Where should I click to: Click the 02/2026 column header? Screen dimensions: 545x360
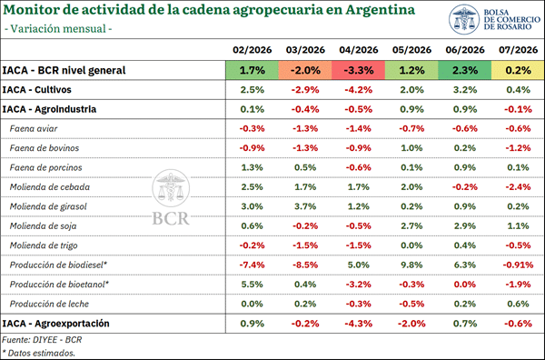(252, 50)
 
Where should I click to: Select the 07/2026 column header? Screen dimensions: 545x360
(519, 50)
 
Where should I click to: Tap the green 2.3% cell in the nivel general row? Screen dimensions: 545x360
(465, 70)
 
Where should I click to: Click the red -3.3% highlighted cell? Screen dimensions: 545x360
(359, 70)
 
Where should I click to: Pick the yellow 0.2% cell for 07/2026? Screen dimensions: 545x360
(518, 70)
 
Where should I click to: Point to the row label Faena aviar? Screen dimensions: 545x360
(34, 129)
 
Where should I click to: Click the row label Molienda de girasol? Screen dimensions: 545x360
(48, 206)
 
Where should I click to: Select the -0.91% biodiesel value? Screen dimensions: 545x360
(518, 265)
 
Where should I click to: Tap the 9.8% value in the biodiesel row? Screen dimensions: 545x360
(411, 265)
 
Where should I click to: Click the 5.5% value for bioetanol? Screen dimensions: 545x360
(252, 285)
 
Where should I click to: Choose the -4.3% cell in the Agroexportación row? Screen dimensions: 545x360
(359, 324)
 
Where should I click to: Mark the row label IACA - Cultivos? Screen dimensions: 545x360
(37, 90)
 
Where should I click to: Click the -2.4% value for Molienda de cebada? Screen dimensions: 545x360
(518, 187)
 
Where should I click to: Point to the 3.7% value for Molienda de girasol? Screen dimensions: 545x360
(305, 206)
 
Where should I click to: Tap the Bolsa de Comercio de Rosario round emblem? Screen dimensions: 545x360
(464, 19)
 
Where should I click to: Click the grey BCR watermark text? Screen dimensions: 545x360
(171, 218)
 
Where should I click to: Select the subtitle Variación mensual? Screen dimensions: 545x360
(58, 28)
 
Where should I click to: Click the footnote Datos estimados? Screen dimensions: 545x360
(38, 353)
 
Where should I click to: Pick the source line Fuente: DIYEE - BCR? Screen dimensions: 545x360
(42, 339)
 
